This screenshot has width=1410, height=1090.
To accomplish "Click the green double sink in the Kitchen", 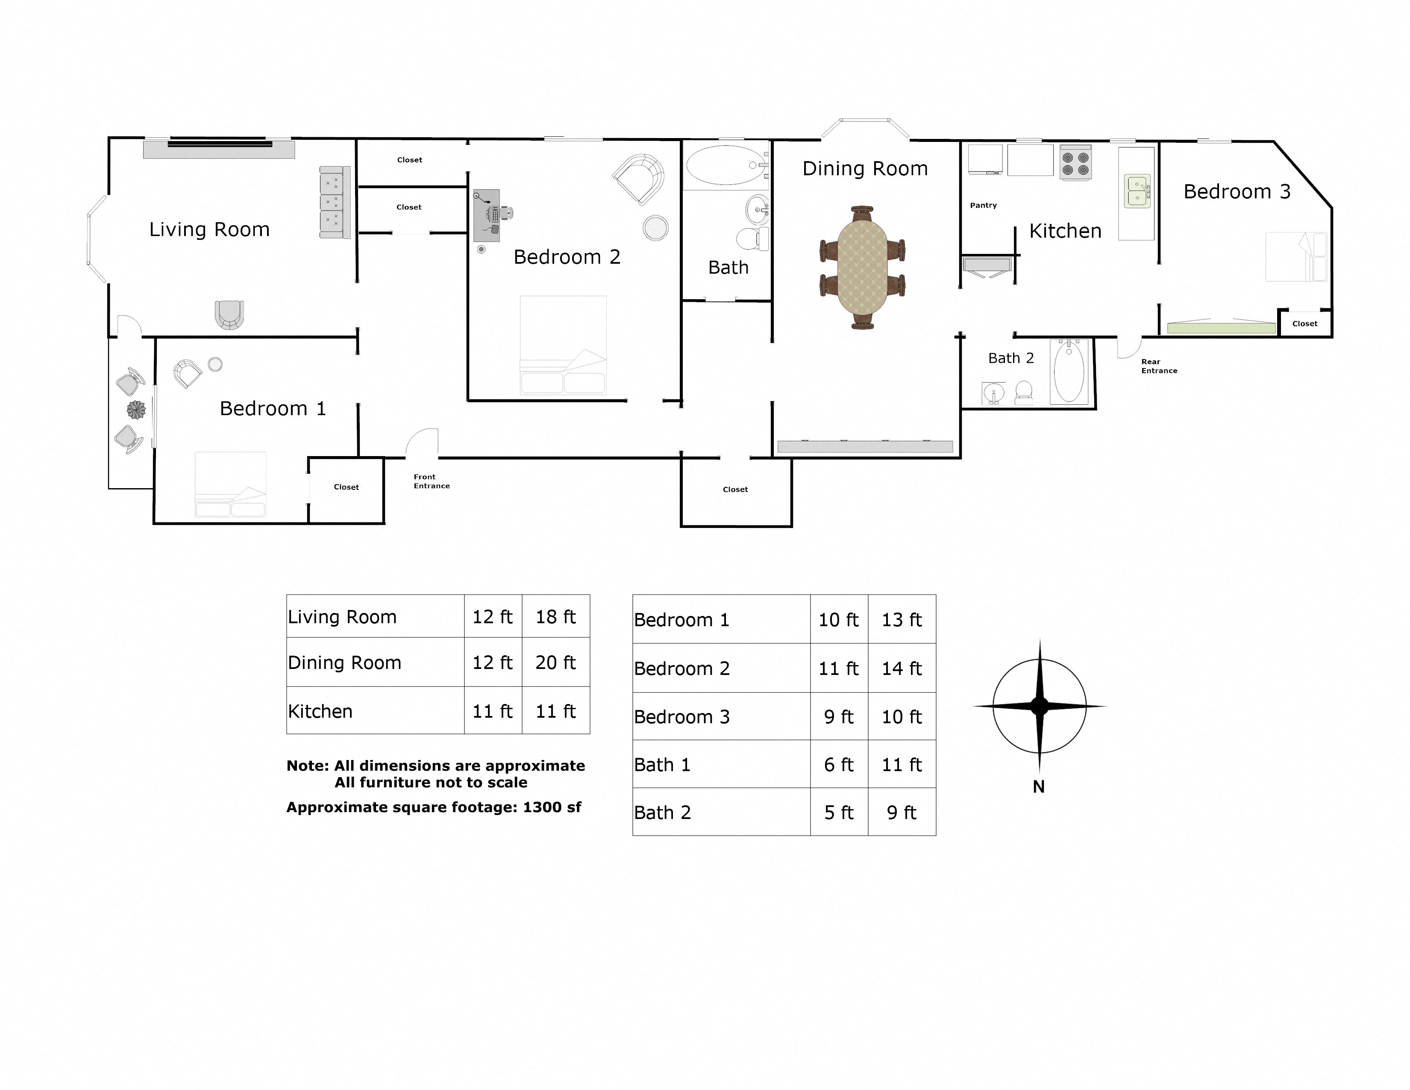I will click(x=1137, y=191).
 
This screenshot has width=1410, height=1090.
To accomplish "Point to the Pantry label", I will click(x=983, y=205).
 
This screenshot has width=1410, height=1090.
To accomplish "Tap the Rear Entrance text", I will click(x=1159, y=366).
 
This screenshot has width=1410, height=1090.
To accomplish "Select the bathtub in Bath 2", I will click(x=1069, y=373).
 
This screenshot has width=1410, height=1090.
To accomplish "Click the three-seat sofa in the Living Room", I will click(x=335, y=202).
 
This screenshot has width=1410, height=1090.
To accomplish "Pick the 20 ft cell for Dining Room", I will click(x=555, y=663).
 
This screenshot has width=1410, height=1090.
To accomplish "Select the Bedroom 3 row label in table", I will click(x=682, y=717).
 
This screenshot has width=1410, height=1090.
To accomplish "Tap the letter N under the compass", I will click(x=1039, y=787).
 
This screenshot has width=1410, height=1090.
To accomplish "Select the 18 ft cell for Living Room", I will click(x=555, y=617).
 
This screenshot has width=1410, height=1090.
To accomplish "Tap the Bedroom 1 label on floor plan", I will click(x=273, y=409).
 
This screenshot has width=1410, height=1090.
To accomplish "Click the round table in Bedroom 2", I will click(x=655, y=228).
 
